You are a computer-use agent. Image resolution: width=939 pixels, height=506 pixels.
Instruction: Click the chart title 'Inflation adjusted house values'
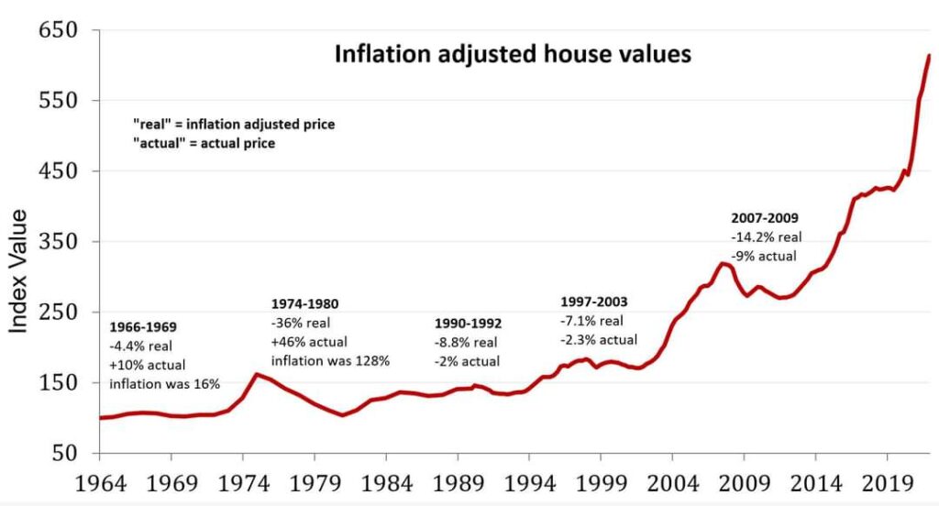(x=512, y=55)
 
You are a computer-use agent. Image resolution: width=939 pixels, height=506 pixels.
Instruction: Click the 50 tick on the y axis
(x=70, y=454)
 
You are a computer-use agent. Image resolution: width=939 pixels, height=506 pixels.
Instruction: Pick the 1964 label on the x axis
(x=98, y=482)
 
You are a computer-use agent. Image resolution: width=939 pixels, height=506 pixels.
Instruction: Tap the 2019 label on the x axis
(x=887, y=482)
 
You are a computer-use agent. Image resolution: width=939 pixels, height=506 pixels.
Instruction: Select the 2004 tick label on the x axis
(x=672, y=482)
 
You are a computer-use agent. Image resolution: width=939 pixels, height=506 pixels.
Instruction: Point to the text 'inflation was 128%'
(x=330, y=360)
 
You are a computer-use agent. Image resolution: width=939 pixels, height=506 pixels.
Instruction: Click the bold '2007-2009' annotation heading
(x=765, y=219)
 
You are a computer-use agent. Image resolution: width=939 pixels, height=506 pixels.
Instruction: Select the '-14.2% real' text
(x=767, y=237)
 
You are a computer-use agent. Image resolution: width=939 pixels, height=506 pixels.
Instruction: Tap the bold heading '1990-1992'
(x=467, y=324)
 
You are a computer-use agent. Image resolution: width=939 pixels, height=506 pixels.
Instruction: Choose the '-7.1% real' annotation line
(x=591, y=321)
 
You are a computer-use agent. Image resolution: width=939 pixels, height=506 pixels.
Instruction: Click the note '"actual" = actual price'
(x=204, y=144)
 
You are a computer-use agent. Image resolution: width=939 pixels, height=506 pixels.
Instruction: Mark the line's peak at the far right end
(x=929, y=56)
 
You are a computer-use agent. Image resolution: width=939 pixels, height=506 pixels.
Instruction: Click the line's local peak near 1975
(x=256, y=374)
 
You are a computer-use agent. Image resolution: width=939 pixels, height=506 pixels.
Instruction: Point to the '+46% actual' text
(x=309, y=341)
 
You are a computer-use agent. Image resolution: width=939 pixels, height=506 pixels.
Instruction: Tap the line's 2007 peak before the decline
(x=723, y=264)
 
